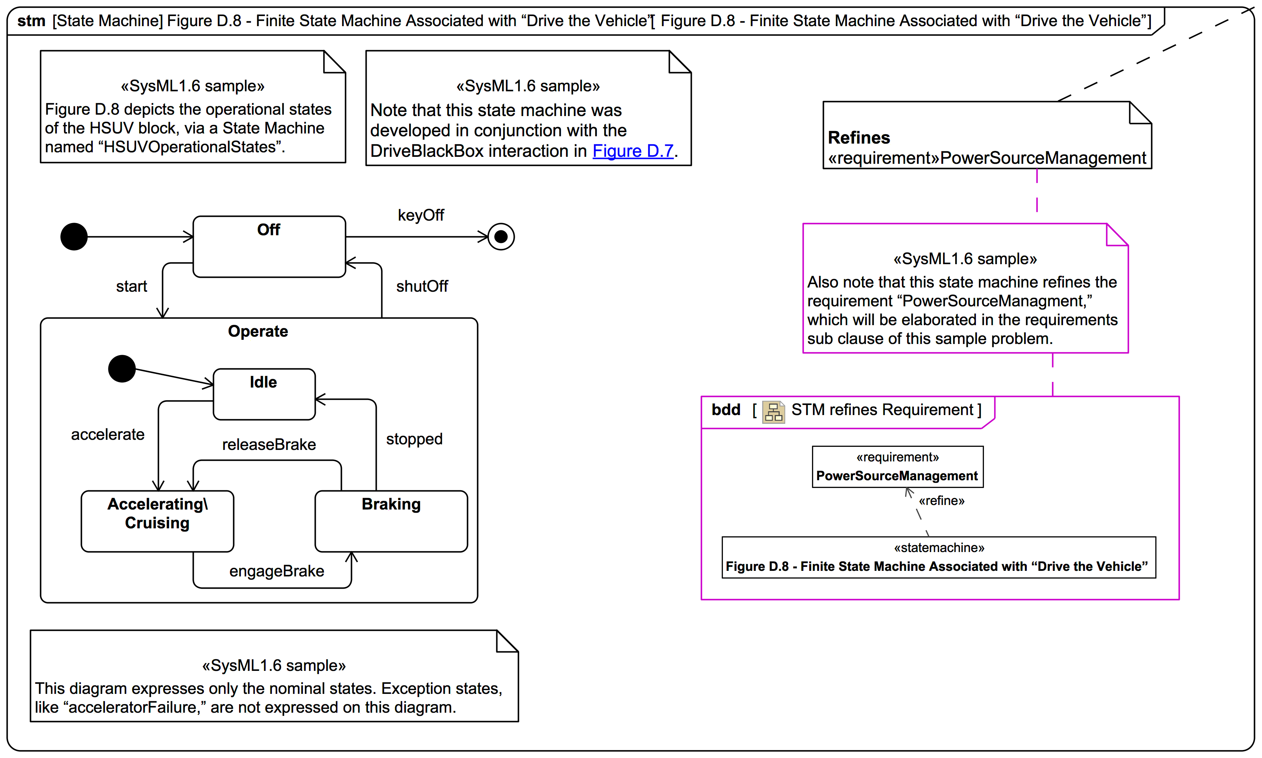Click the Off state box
269,247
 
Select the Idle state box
264,394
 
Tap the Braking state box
391,521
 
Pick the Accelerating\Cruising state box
157,521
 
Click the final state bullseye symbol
501,237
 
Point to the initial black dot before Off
74,237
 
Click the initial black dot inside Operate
122,369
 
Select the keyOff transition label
421,215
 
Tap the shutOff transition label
422,286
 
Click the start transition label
131,286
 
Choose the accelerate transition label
108,434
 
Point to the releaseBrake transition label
269,444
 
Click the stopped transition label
414,439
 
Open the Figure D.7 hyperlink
633,151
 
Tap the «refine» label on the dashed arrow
941,500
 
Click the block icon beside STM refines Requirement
773,411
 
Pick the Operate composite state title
258,331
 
